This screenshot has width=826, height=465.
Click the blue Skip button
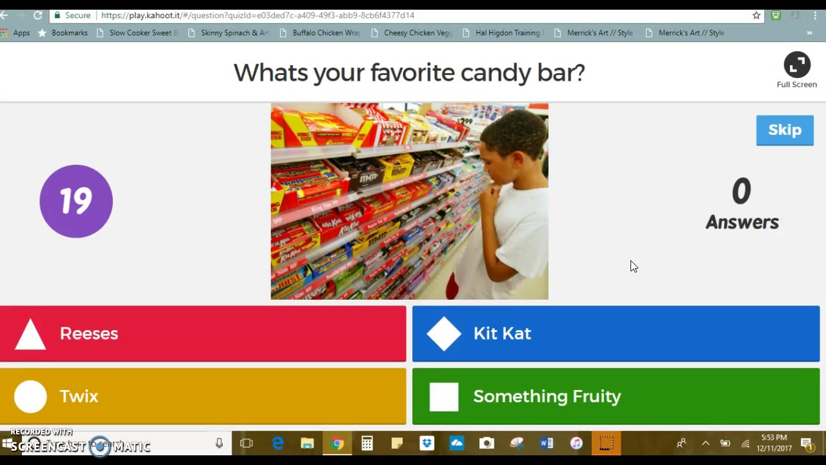(x=785, y=130)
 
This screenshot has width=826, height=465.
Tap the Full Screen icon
(x=796, y=65)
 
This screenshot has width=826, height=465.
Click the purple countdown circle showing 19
(x=76, y=201)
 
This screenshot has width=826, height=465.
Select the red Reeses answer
(x=203, y=333)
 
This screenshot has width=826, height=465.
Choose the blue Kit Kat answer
(x=616, y=333)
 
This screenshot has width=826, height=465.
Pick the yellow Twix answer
(x=203, y=396)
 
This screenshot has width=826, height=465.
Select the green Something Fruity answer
(x=616, y=396)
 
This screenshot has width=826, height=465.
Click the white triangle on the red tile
(x=30, y=335)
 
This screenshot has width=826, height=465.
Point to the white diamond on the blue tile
(x=444, y=333)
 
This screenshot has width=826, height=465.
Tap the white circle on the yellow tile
(x=30, y=397)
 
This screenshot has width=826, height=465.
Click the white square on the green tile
(x=444, y=397)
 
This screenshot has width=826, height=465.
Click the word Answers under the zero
(x=742, y=222)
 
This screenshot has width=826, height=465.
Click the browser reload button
(x=38, y=15)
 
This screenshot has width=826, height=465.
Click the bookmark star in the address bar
(x=756, y=15)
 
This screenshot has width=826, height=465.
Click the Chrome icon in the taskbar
(x=337, y=443)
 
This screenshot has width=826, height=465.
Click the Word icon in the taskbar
(x=546, y=443)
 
